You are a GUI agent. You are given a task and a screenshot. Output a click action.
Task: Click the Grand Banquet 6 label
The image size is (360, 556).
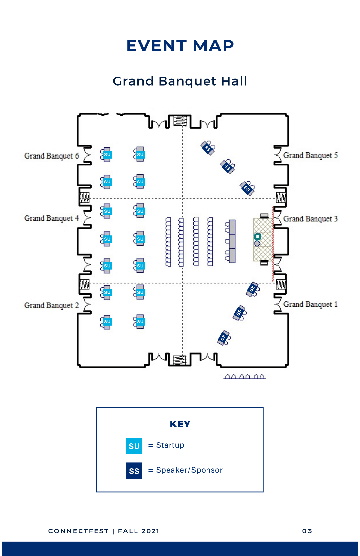click(x=51, y=156)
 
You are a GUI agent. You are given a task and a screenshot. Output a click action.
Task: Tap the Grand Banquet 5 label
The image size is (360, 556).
click(x=310, y=155)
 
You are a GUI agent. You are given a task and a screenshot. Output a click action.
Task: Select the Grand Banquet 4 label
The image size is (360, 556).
click(x=51, y=218)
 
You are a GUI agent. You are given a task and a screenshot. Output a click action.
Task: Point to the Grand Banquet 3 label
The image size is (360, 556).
click(x=310, y=219)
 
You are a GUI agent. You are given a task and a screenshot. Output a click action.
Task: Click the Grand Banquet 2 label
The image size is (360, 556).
click(x=51, y=305)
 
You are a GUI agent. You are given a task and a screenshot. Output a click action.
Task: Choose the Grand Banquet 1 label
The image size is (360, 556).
click(x=310, y=304)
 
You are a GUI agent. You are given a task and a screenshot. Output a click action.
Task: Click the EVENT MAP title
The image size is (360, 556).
click(x=180, y=46)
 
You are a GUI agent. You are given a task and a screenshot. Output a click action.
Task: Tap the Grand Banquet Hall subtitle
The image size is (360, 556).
click(x=180, y=81)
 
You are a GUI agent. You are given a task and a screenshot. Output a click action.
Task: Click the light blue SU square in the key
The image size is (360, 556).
click(x=134, y=446)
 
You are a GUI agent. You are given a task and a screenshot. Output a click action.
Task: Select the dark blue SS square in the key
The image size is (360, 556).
click(x=134, y=471)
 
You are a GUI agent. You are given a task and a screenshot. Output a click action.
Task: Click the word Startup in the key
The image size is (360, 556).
click(x=170, y=445)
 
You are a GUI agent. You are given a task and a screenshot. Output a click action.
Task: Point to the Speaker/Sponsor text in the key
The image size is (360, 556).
click(x=189, y=470)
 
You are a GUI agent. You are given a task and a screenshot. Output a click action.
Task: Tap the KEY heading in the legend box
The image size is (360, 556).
click(x=180, y=424)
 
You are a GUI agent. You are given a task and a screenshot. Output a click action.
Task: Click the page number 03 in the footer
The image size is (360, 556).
click(x=307, y=531)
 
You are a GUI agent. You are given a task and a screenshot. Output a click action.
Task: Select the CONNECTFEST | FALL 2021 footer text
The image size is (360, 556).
click(x=104, y=531)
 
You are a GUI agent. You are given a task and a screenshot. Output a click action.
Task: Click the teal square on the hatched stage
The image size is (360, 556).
click(x=257, y=236)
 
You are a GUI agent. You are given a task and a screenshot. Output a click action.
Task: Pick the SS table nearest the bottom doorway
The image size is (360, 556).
click(x=224, y=338)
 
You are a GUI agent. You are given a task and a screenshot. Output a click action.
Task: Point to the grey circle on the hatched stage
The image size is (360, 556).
click(x=257, y=243)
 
